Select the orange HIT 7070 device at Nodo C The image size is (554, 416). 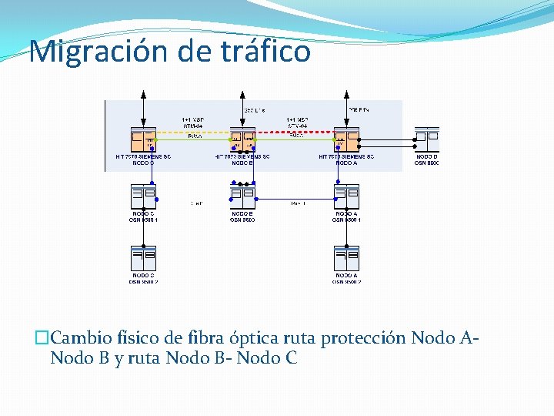pyautogui.click(x=143, y=140)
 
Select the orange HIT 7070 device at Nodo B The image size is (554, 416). pyautogui.click(x=243, y=140)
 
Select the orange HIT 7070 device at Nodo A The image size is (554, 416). pyautogui.click(x=346, y=140)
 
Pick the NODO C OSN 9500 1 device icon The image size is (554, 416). pyautogui.click(x=143, y=197)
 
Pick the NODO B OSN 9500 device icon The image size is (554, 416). pyautogui.click(x=243, y=197)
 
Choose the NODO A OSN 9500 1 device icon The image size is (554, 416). pyautogui.click(x=346, y=197)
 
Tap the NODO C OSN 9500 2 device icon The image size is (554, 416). pyautogui.click(x=143, y=258)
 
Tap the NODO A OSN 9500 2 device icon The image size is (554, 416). pyautogui.click(x=346, y=258)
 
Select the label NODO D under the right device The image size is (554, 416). pyautogui.click(x=426, y=157)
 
